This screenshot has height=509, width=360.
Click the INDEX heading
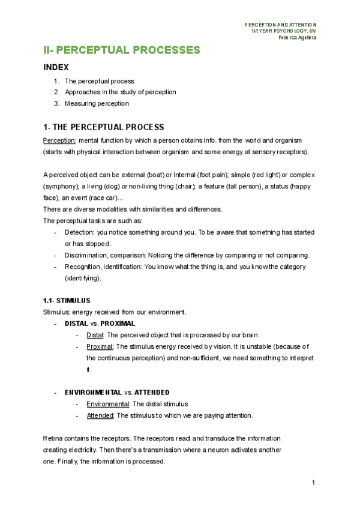click(x=56, y=68)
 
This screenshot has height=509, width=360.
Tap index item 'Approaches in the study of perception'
click(x=120, y=92)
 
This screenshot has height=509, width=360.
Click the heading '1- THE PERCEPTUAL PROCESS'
click(x=103, y=127)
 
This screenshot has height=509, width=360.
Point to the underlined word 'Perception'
click(x=59, y=140)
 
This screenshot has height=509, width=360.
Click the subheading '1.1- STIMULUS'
click(x=67, y=300)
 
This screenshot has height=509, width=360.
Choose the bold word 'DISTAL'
click(x=77, y=324)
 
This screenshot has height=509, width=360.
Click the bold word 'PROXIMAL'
click(x=118, y=324)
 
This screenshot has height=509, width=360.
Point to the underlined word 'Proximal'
click(x=100, y=346)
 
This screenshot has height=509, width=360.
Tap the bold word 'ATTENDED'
click(x=152, y=393)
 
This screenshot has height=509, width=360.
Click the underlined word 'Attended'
click(x=100, y=415)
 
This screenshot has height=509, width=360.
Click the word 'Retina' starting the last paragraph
click(x=53, y=439)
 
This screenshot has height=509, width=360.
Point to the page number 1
click(x=314, y=483)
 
